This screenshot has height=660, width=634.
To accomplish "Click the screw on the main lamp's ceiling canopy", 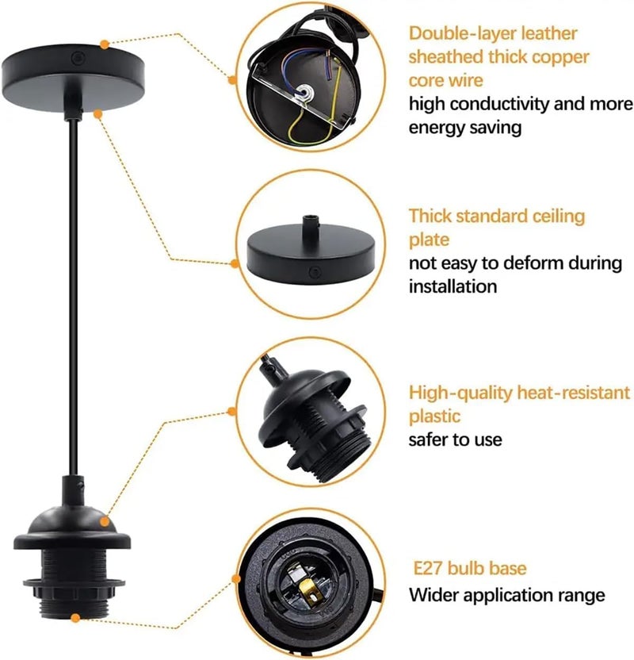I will tap(77, 59).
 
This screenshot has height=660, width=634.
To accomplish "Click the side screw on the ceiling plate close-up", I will tap(315, 272).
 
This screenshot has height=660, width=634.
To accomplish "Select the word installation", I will tap(453, 286).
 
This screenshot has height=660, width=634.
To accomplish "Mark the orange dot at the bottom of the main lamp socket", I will tap(74, 617).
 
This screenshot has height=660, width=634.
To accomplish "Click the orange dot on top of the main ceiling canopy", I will tap(105, 40).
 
